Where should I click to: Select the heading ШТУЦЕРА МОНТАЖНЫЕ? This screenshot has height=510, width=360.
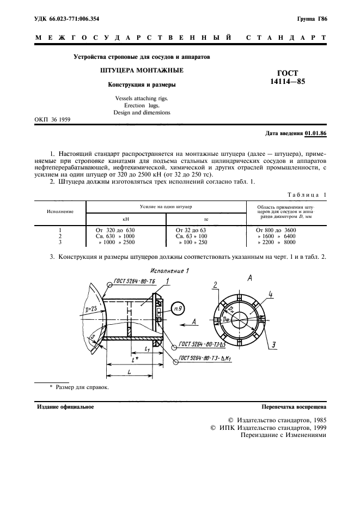[141, 71]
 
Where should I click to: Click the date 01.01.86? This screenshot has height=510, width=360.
[316, 133]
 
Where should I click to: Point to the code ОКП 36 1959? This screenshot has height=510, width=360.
[52, 119]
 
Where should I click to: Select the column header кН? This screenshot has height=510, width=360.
[126, 218]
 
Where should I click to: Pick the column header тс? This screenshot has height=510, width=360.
[206, 218]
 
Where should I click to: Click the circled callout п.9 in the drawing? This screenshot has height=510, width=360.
[177, 309]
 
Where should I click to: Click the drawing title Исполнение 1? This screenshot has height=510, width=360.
[169, 270]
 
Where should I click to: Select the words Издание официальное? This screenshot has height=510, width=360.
[65, 406]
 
